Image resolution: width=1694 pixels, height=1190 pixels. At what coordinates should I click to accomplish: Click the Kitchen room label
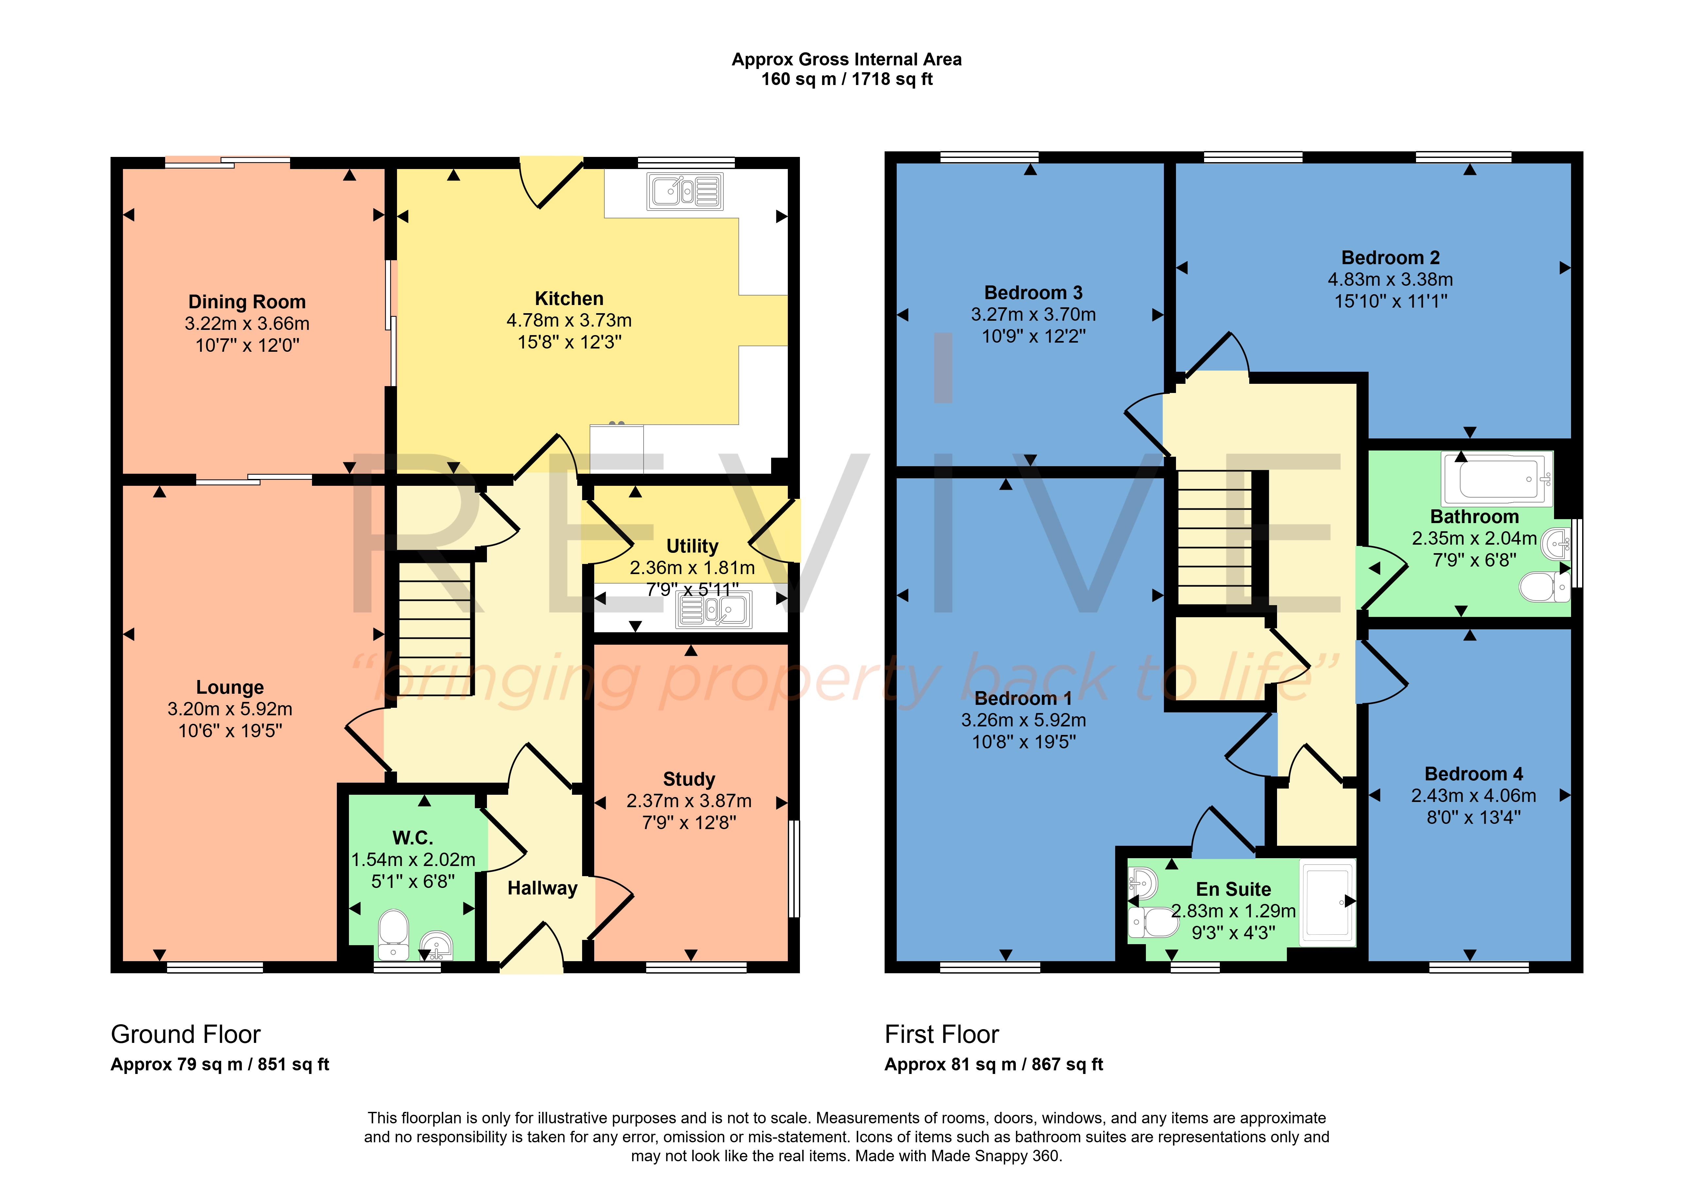pos(569,299)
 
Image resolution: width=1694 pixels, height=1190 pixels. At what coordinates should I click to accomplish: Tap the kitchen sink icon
pos(685,191)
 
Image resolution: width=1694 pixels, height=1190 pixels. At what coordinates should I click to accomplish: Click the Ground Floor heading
pos(186,1034)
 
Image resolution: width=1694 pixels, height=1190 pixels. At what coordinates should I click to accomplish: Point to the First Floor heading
pos(942,1034)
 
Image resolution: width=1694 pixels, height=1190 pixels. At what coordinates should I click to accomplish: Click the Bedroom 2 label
pos(1390,258)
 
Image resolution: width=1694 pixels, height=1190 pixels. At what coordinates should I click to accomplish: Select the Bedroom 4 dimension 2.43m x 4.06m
pos(1473,795)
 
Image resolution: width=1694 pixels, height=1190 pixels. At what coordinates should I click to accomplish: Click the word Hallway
pos(542,888)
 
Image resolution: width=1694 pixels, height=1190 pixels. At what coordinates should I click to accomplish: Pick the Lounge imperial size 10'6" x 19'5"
pos(230,730)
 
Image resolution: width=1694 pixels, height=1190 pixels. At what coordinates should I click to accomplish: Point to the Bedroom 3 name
pos(1033,293)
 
